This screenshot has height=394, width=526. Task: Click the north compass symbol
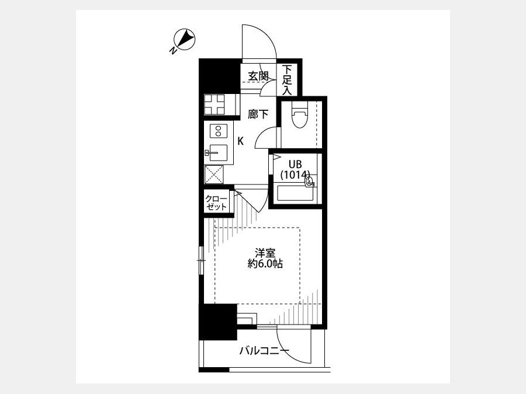click(184, 40)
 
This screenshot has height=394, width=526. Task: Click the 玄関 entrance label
click(258, 76)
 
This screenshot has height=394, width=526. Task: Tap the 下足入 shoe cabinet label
click(287, 80)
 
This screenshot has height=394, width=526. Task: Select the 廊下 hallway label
click(258, 114)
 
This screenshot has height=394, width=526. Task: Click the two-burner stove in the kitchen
click(219, 130)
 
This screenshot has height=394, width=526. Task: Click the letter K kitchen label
click(241, 141)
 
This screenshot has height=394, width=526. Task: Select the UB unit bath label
click(295, 164)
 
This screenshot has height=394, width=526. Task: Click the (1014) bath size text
click(295, 174)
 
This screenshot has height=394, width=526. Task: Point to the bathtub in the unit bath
click(295, 194)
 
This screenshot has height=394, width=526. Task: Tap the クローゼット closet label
click(216, 203)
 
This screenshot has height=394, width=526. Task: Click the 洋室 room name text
click(265, 253)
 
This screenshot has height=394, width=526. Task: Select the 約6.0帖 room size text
click(265, 264)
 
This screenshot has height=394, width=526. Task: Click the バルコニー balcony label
click(264, 351)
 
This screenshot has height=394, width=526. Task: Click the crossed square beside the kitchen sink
click(214, 174)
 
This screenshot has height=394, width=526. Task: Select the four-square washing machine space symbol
click(214, 104)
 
